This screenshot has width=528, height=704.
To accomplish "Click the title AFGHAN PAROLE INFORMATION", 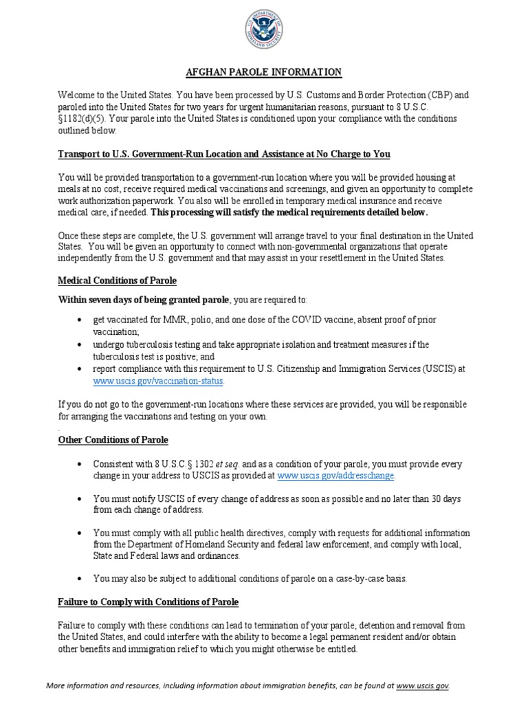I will (264, 72).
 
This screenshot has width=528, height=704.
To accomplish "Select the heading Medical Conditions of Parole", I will (117, 280).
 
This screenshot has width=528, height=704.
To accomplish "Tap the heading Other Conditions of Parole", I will (113, 439).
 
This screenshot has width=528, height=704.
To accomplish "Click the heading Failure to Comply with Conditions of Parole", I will (148, 602).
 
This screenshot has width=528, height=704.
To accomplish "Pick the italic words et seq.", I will (228, 463).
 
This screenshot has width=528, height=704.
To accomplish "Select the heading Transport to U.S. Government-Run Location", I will (223, 154).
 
